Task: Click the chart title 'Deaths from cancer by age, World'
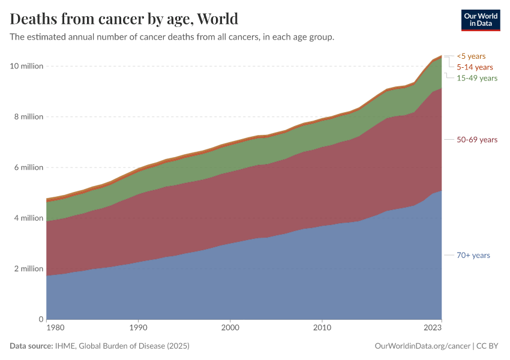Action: click(124, 19)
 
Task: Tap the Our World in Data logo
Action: click(480, 20)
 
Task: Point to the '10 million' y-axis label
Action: click(26, 66)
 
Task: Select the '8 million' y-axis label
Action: click(28, 117)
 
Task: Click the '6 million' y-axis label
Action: click(28, 167)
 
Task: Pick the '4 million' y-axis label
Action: click(28, 218)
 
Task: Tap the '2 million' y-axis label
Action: click(28, 268)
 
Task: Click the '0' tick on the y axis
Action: click(41, 319)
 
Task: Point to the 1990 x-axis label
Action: click(139, 328)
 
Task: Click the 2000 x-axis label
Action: click(230, 328)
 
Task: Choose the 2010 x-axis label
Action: click(322, 328)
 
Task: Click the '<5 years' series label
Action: click(471, 56)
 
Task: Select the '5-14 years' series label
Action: click(475, 67)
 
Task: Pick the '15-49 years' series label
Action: click(477, 78)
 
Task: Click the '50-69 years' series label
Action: click(477, 140)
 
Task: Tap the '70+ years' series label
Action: click(473, 256)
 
